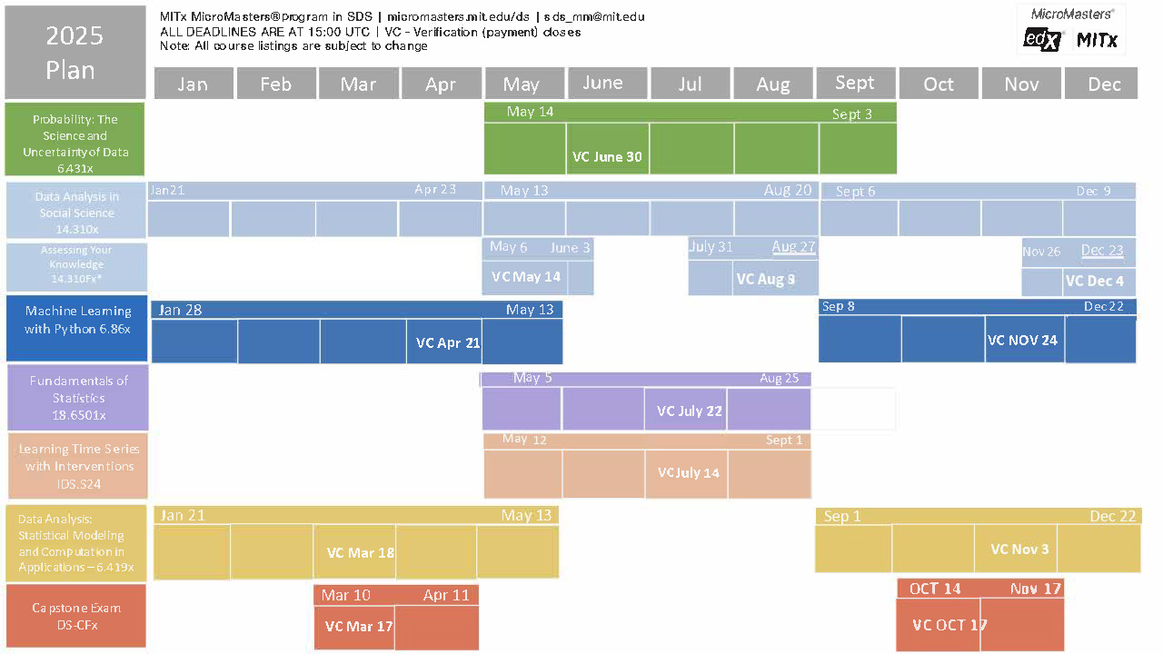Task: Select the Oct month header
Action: click(939, 84)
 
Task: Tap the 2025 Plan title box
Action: click(75, 53)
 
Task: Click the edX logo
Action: click(1042, 39)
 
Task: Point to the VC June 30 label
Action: click(607, 156)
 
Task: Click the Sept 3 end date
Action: click(851, 114)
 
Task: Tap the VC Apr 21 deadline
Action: click(448, 343)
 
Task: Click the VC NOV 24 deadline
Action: click(1022, 341)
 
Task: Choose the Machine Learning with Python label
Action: click(78, 320)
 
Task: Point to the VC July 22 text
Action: click(690, 411)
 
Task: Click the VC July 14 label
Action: click(688, 472)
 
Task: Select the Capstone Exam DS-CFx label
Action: click(76, 616)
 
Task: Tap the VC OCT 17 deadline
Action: click(949, 625)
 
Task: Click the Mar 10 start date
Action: click(346, 595)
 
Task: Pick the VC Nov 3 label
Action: click(1019, 549)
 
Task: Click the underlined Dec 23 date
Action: click(1102, 251)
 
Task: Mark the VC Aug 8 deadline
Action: click(765, 279)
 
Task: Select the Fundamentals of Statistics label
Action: click(78, 398)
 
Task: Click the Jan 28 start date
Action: click(180, 310)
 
